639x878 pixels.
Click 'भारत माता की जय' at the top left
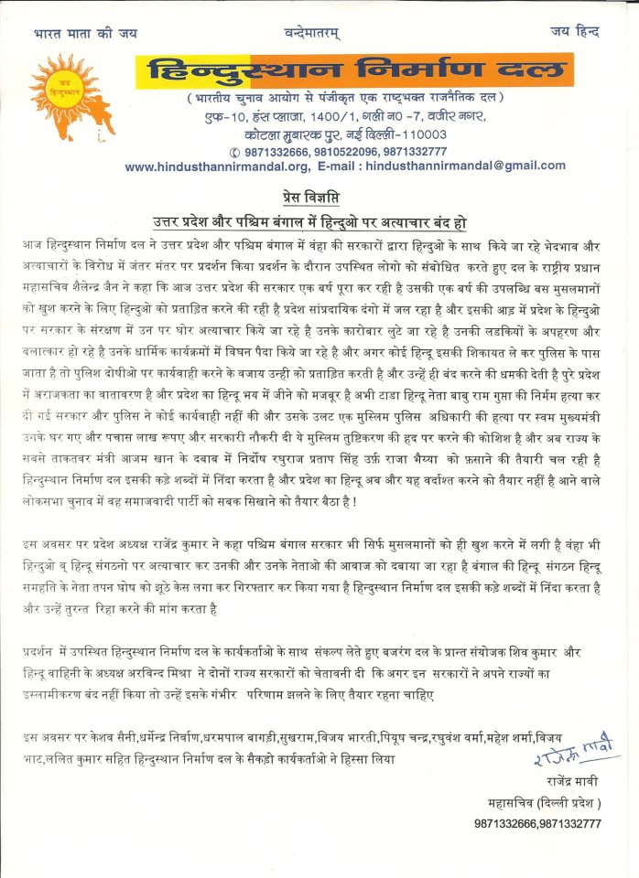[x=84, y=32]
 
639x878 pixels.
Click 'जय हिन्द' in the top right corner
[x=575, y=32]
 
